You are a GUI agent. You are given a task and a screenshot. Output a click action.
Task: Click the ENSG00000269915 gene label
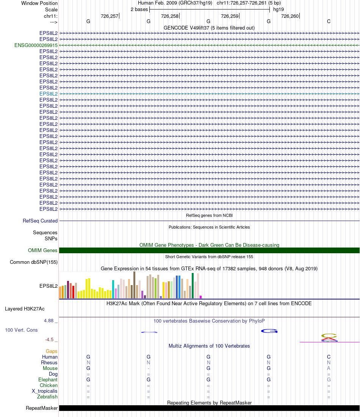[x=36, y=45]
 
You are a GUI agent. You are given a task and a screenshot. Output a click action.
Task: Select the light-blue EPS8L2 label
[x=49, y=94]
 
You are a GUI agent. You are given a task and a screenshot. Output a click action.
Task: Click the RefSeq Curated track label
[x=40, y=221]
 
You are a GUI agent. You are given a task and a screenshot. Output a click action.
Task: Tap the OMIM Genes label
[x=43, y=250]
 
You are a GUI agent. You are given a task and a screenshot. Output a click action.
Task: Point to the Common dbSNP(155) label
[x=34, y=262]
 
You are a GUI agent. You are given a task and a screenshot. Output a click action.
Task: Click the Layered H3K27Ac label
[x=25, y=309]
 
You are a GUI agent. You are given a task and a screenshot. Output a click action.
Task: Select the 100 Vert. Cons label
[x=21, y=330]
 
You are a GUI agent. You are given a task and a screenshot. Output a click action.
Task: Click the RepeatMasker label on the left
[x=42, y=408]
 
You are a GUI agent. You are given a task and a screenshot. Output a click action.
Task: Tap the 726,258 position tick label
[x=169, y=16]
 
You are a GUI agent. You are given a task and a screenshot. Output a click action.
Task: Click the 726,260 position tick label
[x=290, y=16]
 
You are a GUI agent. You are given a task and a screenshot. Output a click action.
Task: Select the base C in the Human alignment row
[x=329, y=357]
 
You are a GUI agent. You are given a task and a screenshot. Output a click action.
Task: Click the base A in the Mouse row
[x=329, y=368]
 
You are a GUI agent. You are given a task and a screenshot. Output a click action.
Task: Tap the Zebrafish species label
[x=47, y=397]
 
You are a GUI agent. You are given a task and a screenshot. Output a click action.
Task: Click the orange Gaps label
[x=52, y=351]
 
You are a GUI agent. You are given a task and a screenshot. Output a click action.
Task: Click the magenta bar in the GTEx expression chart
[x=201, y=297]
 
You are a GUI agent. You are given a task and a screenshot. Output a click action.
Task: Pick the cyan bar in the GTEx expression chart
[x=113, y=289]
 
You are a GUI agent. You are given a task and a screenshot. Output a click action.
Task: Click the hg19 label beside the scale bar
[x=278, y=9]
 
